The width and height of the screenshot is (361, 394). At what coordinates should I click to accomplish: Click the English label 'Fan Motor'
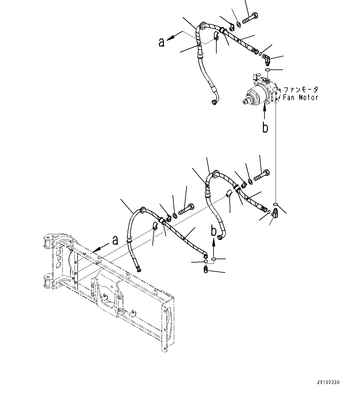coord(300,97)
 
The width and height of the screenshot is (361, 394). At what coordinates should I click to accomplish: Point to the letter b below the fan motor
coord(265,128)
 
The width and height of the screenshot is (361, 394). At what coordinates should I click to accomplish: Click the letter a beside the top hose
coord(161,42)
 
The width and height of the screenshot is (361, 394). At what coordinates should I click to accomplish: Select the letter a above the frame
coord(115,240)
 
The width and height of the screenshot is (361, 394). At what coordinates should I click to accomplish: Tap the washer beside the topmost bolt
coord(238,24)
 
